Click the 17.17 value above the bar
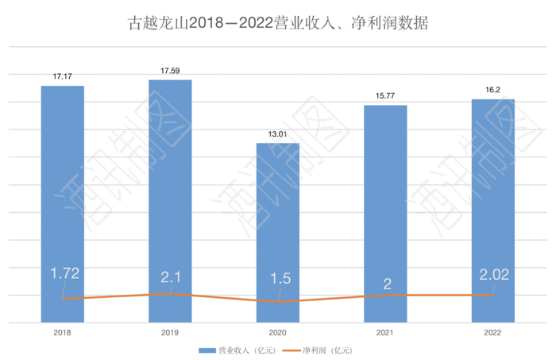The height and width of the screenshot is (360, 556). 63,76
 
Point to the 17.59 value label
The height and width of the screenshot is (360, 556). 170,72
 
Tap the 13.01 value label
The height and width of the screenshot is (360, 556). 277,135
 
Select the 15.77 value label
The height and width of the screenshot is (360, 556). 385,97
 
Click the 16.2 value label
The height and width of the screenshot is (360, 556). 492,91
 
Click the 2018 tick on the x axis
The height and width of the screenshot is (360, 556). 63,332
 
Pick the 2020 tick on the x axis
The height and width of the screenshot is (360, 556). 277,332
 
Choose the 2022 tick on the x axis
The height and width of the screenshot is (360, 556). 492,332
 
